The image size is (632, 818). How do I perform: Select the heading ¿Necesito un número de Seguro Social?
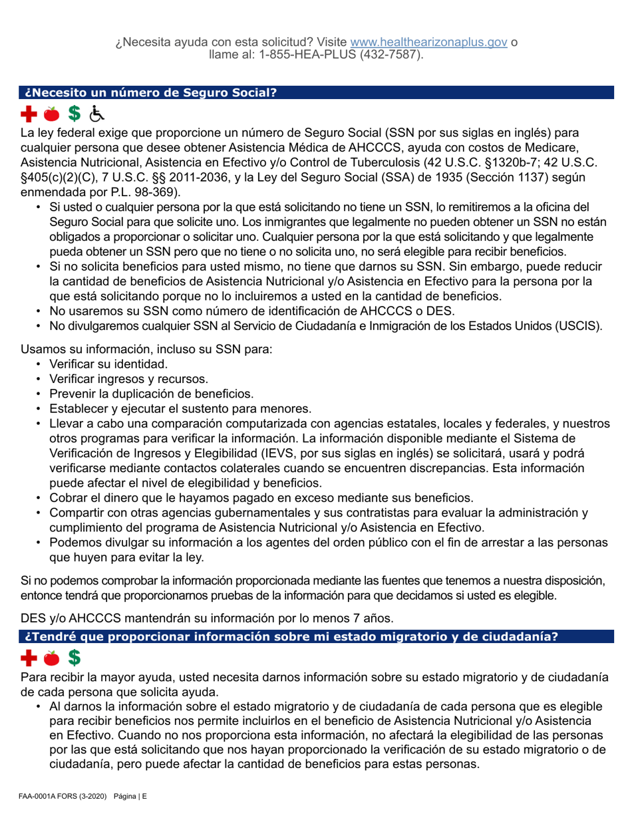point(150,92)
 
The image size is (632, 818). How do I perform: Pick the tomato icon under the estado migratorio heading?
point(53,658)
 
